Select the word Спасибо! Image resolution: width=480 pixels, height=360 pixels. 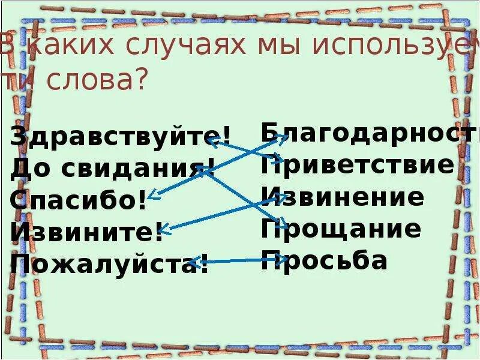78,200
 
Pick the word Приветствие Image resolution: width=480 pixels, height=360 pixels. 358,164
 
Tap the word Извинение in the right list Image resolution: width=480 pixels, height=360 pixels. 343,196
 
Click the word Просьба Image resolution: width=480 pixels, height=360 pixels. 324,260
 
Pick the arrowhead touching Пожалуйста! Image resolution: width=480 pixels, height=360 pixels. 193,262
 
